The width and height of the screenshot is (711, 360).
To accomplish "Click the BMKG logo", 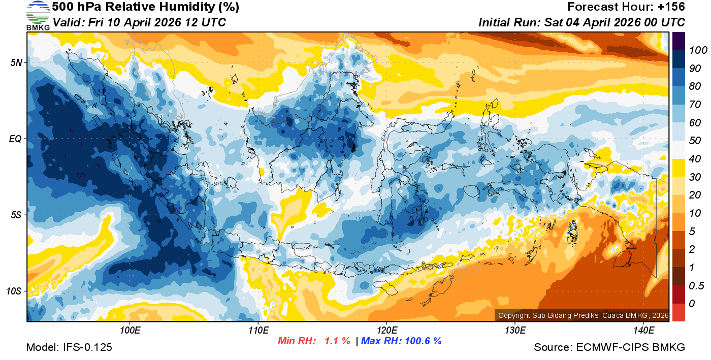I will (38, 15).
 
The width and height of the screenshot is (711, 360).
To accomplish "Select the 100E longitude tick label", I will (130, 331).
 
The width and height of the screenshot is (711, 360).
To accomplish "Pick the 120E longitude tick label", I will (386, 331).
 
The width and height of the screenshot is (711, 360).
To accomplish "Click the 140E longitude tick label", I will (643, 331).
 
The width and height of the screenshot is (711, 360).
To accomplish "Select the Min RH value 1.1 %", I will (337, 341).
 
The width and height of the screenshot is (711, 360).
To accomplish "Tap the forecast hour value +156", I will (672, 7).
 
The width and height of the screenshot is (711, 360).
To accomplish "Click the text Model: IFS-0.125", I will (69, 347).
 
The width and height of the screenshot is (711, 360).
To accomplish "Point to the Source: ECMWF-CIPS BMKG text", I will (609, 347).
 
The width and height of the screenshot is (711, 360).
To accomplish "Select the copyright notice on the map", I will (582, 315).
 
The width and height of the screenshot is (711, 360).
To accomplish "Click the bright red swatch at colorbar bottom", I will (678, 312).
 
